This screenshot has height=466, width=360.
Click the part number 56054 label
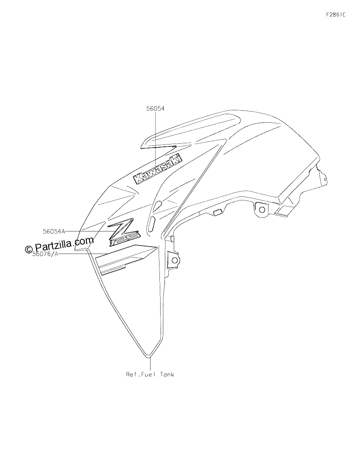(155, 109)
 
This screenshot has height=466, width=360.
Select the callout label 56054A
(54, 231)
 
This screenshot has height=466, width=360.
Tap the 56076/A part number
(45, 254)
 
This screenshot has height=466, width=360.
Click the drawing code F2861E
(336, 15)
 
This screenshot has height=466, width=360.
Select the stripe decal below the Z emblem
(125, 259)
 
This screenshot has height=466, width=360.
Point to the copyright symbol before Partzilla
(29, 249)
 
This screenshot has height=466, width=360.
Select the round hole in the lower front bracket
(175, 260)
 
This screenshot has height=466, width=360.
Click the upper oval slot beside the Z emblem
(158, 205)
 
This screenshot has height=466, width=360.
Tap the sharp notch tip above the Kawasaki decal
(176, 146)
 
